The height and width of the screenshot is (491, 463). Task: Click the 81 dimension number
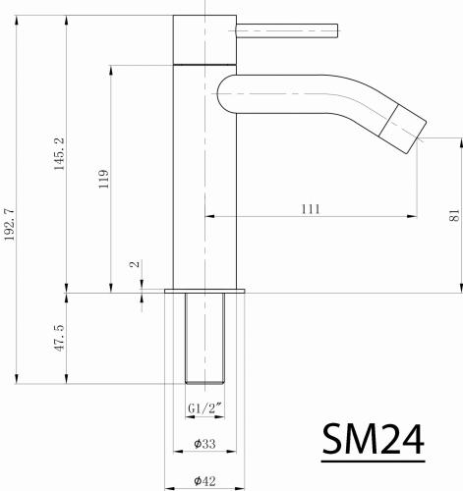point(453,215)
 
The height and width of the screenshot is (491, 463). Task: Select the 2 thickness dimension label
point(135,266)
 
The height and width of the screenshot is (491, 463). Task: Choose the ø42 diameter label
point(204,479)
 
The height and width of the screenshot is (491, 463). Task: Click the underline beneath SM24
point(374,460)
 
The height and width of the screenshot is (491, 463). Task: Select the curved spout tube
point(315,98)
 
